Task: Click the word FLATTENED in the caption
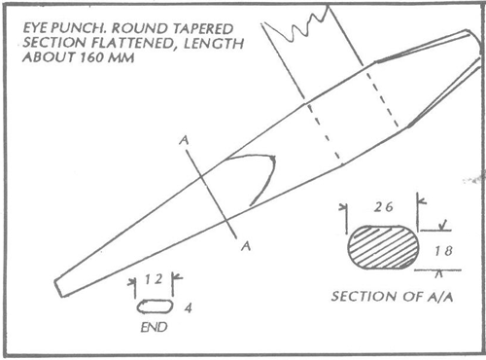point(121,42)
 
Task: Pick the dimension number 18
point(442,251)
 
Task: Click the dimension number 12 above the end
point(151,279)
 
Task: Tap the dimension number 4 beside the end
point(184,307)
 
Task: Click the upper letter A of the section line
point(184,141)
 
